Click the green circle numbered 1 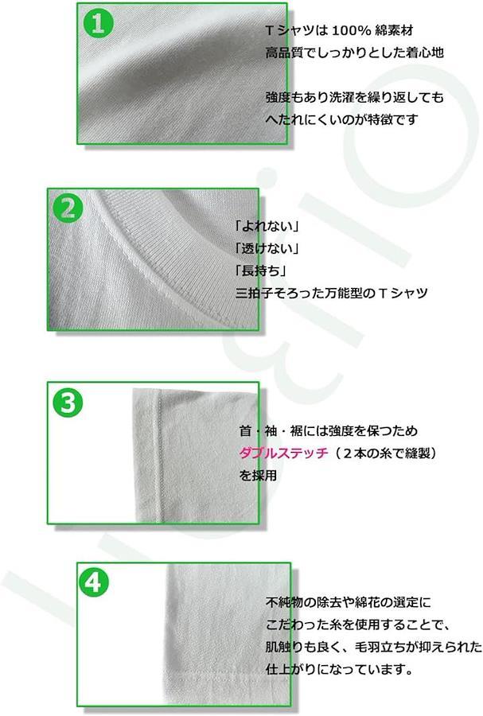[x=98, y=23]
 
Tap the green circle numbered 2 [x=68, y=208]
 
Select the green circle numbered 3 [x=68, y=403]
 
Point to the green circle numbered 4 [x=94, y=582]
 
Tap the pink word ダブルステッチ [x=283, y=453]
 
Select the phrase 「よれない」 [x=267, y=226]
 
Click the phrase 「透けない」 [x=267, y=248]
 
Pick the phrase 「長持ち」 [x=260, y=270]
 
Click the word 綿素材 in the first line [x=394, y=31]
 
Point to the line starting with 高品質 [x=354, y=53]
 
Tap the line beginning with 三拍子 [x=332, y=293]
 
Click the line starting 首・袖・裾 [x=329, y=430]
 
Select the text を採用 [x=258, y=476]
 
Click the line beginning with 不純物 [x=348, y=602]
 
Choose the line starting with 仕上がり [x=339, y=669]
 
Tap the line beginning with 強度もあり [x=354, y=97]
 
